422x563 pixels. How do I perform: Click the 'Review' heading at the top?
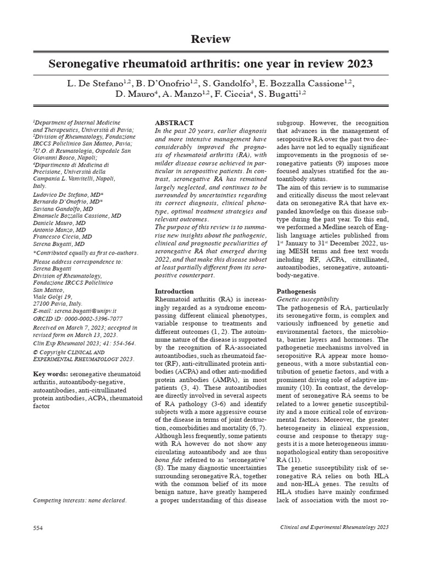(x=210, y=39)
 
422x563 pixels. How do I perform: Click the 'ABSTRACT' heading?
(x=174, y=123)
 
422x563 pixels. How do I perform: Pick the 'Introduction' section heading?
(x=174, y=291)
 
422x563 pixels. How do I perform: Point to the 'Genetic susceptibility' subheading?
(x=308, y=299)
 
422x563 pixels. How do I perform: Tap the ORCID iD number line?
(x=78, y=318)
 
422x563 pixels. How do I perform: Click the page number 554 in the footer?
(x=38, y=527)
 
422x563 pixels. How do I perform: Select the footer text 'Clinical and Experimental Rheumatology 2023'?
(x=334, y=527)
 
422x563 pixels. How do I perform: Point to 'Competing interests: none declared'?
(x=80, y=500)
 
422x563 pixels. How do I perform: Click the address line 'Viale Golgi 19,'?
(x=53, y=296)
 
